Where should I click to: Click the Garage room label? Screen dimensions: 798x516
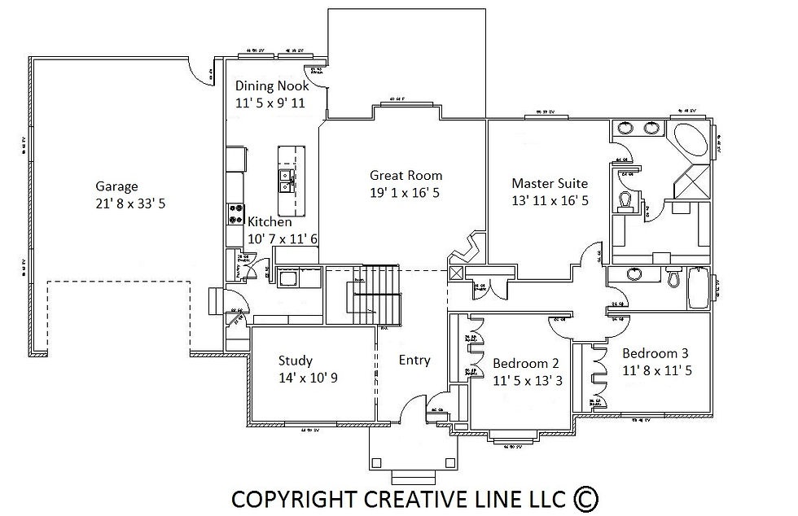point(116,186)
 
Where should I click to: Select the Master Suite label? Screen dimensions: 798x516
point(549,183)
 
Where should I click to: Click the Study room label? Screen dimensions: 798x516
point(295,361)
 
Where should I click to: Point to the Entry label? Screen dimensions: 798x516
point(414,361)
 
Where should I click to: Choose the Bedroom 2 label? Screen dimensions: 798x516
point(526,363)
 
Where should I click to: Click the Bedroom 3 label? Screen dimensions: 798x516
point(655,353)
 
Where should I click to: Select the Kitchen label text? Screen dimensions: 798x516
point(270,221)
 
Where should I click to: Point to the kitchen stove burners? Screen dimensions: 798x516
point(236,213)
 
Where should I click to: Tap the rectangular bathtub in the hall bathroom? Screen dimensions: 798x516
point(698,287)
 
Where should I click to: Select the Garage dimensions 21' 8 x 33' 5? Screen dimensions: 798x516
point(130,203)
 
